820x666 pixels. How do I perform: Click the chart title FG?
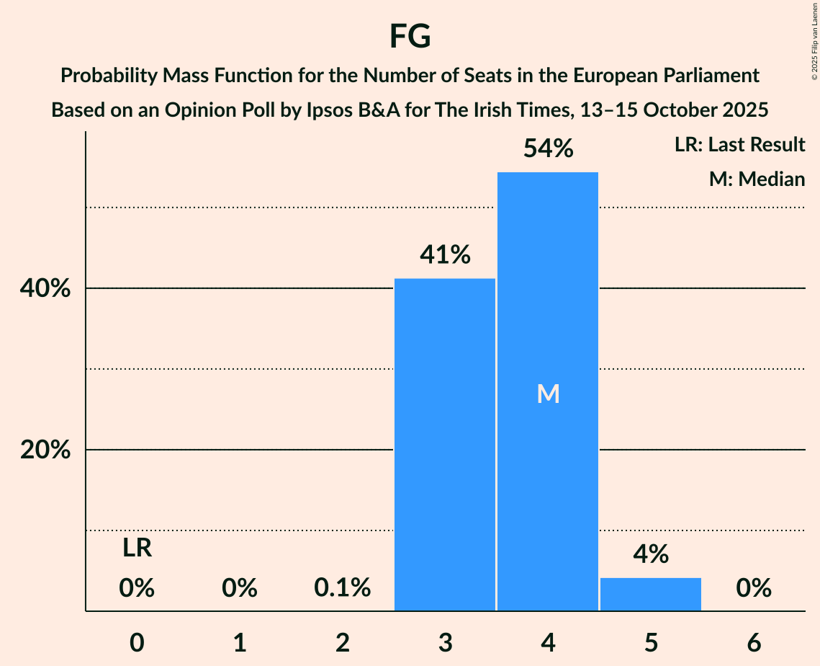(x=410, y=36)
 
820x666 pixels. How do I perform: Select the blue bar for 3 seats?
(x=445, y=444)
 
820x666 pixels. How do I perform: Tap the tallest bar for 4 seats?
(x=548, y=391)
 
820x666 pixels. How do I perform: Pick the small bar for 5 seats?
(x=651, y=594)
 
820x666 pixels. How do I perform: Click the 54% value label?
(x=548, y=149)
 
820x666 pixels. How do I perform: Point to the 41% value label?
(x=445, y=254)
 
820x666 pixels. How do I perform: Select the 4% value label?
(x=651, y=554)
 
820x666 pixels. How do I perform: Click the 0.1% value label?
(x=343, y=589)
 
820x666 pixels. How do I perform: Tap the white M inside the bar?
(x=548, y=394)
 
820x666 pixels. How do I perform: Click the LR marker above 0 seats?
(x=137, y=549)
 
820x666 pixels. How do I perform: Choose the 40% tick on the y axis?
(x=44, y=288)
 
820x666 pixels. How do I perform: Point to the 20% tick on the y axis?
(x=44, y=450)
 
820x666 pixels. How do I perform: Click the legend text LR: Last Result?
(x=739, y=145)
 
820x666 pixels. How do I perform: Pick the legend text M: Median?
(x=757, y=179)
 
